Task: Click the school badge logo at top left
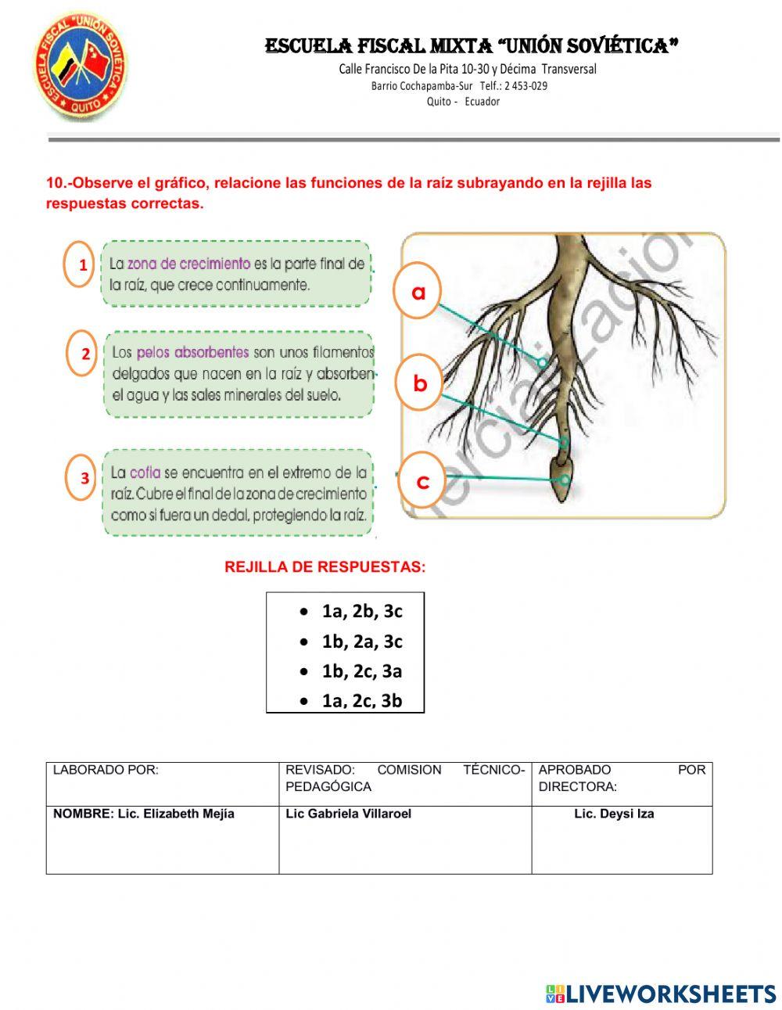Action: [x=81, y=66]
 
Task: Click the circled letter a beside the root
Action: [x=419, y=291]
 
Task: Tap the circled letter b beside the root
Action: [x=420, y=383]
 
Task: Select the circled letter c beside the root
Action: [x=422, y=480]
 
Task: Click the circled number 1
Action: [x=82, y=265]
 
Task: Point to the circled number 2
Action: [x=85, y=354]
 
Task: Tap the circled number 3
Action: [x=84, y=478]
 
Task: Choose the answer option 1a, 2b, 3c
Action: [x=361, y=611]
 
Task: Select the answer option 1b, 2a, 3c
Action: [x=361, y=642]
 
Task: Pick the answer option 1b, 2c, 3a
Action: [x=361, y=670]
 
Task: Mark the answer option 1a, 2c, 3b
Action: [x=361, y=700]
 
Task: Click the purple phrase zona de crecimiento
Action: [x=188, y=264]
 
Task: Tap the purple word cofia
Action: [x=145, y=473]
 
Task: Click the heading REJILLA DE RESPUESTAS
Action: [x=325, y=567]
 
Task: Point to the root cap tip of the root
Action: [x=561, y=483]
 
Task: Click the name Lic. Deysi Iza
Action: [x=614, y=814]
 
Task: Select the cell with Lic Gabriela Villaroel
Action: [x=405, y=839]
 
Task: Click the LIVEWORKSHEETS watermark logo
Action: [x=661, y=994]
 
